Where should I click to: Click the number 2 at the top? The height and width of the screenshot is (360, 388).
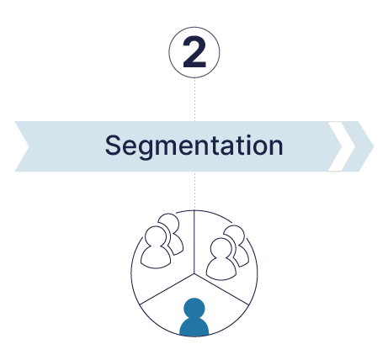click(194, 52)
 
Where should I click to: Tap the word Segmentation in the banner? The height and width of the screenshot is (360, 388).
click(194, 146)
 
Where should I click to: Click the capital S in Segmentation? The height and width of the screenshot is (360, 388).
click(113, 145)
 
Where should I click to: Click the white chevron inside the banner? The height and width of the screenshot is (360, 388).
click(342, 146)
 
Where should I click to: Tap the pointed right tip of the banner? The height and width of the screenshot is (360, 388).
click(374, 146)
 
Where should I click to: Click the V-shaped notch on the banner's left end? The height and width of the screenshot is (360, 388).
click(29, 146)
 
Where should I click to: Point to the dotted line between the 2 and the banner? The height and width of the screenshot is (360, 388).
click(194, 99)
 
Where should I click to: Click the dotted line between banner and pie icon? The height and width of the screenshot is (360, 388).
click(194, 191)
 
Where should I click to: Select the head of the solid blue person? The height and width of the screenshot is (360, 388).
click(194, 309)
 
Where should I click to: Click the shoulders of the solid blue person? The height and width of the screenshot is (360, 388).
click(194, 326)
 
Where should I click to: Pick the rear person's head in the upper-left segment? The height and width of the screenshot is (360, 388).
click(169, 222)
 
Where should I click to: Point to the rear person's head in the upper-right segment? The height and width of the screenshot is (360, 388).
click(235, 234)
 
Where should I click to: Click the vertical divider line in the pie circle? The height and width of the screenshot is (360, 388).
click(194, 241)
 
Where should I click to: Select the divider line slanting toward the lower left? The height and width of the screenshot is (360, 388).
click(167, 289)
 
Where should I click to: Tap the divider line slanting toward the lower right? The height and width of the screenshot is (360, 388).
click(221, 289)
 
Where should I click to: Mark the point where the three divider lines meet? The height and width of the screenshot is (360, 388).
click(194, 273)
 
